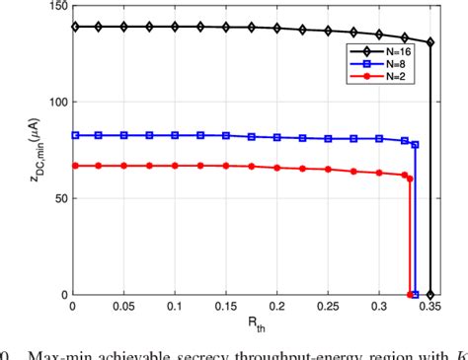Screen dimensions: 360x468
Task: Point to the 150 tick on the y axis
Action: pos(56,8)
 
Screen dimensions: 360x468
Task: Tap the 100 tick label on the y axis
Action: pos(56,103)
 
